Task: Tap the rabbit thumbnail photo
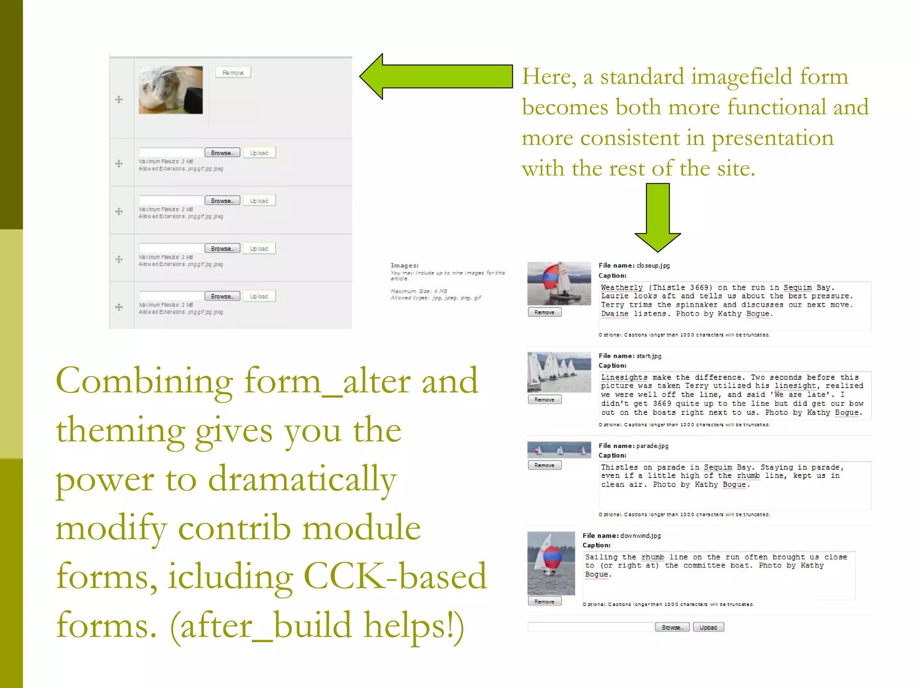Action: (x=171, y=90)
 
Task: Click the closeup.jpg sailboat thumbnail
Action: (x=559, y=284)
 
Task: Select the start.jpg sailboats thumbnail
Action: (x=559, y=372)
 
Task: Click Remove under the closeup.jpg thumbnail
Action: (x=545, y=313)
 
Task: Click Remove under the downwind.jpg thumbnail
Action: (x=545, y=602)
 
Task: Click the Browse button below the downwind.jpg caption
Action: (x=672, y=627)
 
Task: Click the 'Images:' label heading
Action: (x=404, y=266)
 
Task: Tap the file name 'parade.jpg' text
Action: (x=652, y=446)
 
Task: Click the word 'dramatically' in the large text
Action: (x=302, y=479)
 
